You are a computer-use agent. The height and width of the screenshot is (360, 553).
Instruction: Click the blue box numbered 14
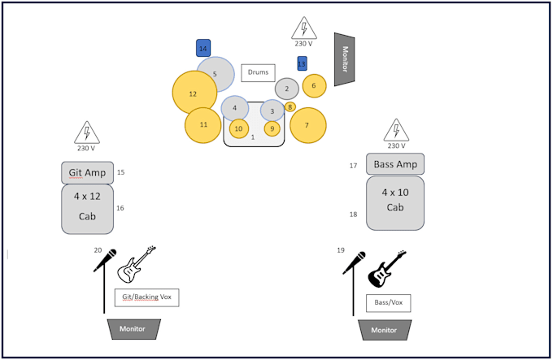pyautogui.click(x=203, y=49)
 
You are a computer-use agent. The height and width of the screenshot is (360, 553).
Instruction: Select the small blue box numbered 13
pyautogui.click(x=302, y=63)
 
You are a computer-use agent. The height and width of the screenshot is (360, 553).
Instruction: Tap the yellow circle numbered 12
pyautogui.click(x=194, y=93)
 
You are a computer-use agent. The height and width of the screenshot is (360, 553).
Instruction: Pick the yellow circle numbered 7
pyautogui.click(x=307, y=125)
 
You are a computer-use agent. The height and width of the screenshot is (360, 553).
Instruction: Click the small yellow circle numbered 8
pyautogui.click(x=290, y=106)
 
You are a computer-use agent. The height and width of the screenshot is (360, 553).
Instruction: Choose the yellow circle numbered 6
pyautogui.click(x=314, y=85)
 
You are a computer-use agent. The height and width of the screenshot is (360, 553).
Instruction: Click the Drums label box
pyautogui.click(x=258, y=72)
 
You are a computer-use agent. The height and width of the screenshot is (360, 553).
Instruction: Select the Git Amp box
pyautogui.click(x=87, y=172)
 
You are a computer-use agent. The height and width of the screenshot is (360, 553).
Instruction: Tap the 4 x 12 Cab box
pyautogui.click(x=87, y=208)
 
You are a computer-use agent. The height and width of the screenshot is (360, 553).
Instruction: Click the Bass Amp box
pyautogui.click(x=395, y=164)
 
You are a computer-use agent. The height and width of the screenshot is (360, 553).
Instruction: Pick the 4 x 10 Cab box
pyautogui.click(x=395, y=202)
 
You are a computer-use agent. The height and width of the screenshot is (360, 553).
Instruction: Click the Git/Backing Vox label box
pyautogui.click(x=146, y=297)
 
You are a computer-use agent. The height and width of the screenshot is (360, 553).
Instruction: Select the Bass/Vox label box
pyautogui.click(x=388, y=303)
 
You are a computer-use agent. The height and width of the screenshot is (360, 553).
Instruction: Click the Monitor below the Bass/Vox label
pyautogui.click(x=384, y=329)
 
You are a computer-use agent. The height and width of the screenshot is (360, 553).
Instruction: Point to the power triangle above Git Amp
pyautogui.click(x=86, y=132)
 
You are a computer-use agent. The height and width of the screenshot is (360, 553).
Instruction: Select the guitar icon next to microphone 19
pyautogui.click(x=388, y=268)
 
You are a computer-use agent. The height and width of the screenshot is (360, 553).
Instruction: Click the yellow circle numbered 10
pyautogui.click(x=238, y=128)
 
